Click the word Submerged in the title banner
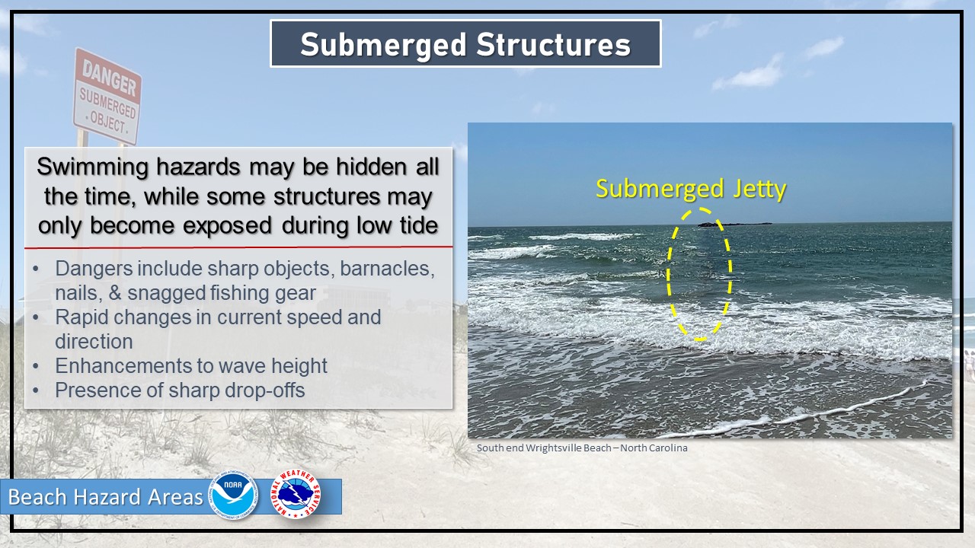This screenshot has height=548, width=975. click(383, 45)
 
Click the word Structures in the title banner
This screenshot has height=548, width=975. click(554, 44)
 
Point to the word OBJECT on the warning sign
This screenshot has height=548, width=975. click(107, 123)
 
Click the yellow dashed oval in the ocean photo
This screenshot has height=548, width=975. click(668, 274)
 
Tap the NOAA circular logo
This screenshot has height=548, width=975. click(234, 495)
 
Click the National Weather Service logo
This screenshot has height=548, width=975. click(296, 494)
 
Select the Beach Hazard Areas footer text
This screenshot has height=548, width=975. click(105, 497)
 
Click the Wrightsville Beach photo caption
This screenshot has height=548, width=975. click(582, 448)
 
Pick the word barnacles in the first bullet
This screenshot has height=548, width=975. click(387, 269)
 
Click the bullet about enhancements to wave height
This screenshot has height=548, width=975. click(191, 366)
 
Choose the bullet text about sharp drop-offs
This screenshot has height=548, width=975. click(180, 390)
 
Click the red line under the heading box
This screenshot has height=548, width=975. click(238, 247)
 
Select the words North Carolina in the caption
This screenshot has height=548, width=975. click(654, 448)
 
